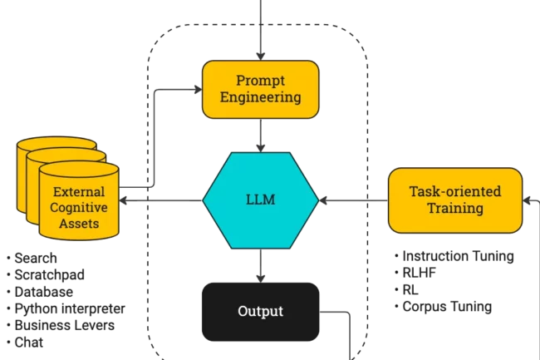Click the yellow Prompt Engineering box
click(x=261, y=89)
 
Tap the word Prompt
click(x=260, y=81)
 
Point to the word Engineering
click(x=260, y=98)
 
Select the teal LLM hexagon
click(x=261, y=200)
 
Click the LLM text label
click(x=261, y=200)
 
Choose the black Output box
click(x=261, y=312)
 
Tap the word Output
click(x=261, y=312)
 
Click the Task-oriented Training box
click(x=455, y=200)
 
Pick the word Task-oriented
click(x=455, y=191)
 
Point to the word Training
click(x=455, y=208)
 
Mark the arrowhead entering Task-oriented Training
click(x=382, y=200)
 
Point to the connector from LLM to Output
click(x=262, y=264)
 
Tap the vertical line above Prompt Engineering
click(x=262, y=29)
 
